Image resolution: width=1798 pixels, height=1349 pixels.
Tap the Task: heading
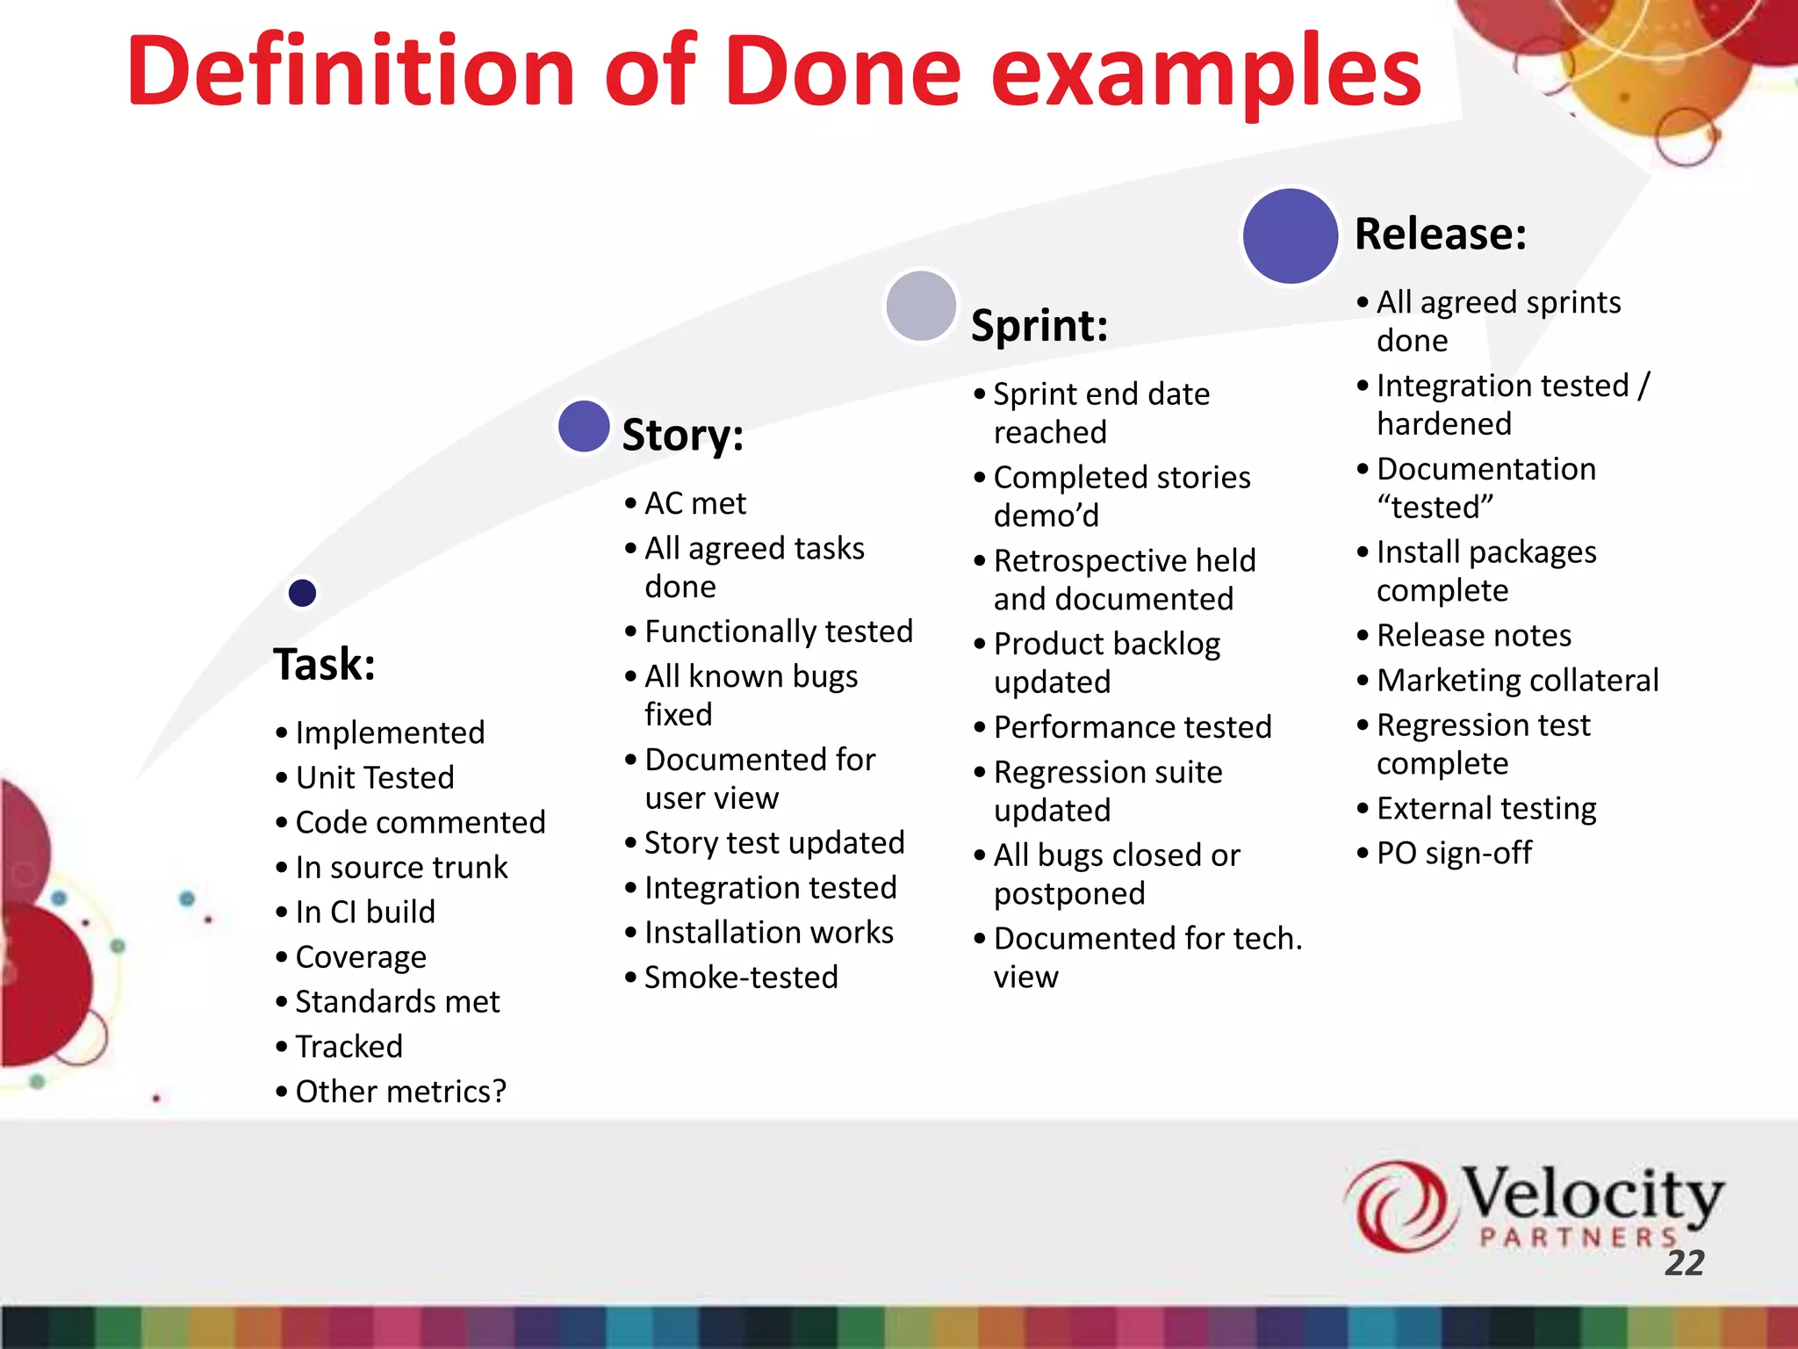(x=324, y=664)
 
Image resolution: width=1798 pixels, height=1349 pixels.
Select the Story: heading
(x=682, y=435)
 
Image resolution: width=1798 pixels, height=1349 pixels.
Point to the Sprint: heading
(x=1039, y=326)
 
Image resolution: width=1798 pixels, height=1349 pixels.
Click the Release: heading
(x=1440, y=234)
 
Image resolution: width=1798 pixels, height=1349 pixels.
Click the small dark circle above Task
(x=302, y=593)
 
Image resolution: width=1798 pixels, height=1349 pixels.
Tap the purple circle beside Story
(x=584, y=426)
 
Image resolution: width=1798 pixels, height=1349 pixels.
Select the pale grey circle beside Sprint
(x=921, y=306)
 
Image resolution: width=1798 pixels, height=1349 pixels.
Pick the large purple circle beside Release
(x=1290, y=235)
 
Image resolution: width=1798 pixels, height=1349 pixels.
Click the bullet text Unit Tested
(x=375, y=777)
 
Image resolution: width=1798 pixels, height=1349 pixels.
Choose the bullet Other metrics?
(x=400, y=1091)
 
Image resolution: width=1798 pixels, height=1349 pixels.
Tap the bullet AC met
(x=694, y=503)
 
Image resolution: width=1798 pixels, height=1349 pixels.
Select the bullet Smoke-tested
(x=741, y=977)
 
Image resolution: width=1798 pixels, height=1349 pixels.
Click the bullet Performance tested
(x=1132, y=727)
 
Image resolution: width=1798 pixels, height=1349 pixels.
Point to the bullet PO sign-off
(x=1454, y=853)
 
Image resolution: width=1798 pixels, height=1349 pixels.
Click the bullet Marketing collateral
(x=1517, y=680)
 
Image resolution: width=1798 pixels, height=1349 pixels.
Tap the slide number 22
(x=1684, y=1263)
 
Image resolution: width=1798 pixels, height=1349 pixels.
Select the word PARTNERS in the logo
(x=1578, y=1237)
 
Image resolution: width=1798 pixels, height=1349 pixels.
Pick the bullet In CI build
(x=364, y=912)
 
